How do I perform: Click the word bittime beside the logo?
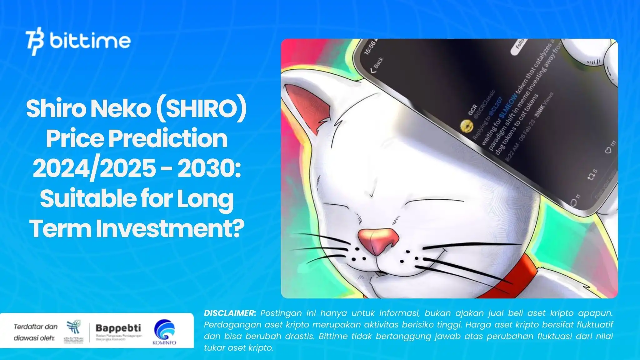90,41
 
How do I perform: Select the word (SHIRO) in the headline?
201,109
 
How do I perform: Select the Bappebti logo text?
118,328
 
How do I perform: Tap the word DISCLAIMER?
230,313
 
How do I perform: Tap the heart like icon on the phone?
608,151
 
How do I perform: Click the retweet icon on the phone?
591,177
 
